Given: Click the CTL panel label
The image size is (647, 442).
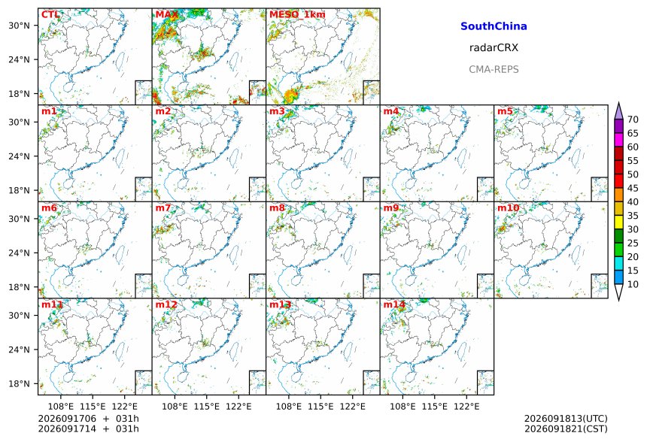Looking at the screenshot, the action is point(50,15).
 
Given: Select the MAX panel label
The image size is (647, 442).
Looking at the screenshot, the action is point(167,15).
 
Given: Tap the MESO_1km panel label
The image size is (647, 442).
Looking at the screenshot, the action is point(297,15).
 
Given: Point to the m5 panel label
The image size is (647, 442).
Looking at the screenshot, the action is point(505,111).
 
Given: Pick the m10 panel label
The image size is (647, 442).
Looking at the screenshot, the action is point(508,207).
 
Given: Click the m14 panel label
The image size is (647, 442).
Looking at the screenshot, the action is point(394,304).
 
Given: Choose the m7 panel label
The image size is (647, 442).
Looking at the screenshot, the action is point(163,207).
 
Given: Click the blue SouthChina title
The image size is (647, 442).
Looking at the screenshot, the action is point(494,26).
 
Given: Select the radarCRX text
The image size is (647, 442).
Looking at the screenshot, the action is point(494,47).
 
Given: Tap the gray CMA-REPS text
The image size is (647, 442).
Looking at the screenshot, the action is point(494,69).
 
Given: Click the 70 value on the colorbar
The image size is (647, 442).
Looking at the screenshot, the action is point(633,120).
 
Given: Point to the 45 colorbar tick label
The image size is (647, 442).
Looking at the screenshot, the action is point(633,188).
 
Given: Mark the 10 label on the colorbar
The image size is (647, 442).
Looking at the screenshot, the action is point(633,284).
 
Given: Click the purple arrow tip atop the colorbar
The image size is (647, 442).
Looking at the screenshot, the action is point(618,103).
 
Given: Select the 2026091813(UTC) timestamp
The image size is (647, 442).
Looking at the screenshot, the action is point(566,419).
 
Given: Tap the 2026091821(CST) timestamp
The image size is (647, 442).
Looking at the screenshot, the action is point(566,428).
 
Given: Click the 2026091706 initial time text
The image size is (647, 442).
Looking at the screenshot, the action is point(67,419).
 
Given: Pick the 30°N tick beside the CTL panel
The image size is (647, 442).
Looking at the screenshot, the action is point(19,26).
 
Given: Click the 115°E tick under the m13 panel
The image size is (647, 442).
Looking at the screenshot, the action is point(320,407).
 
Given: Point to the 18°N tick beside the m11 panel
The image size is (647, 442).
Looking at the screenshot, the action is point(19,383).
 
